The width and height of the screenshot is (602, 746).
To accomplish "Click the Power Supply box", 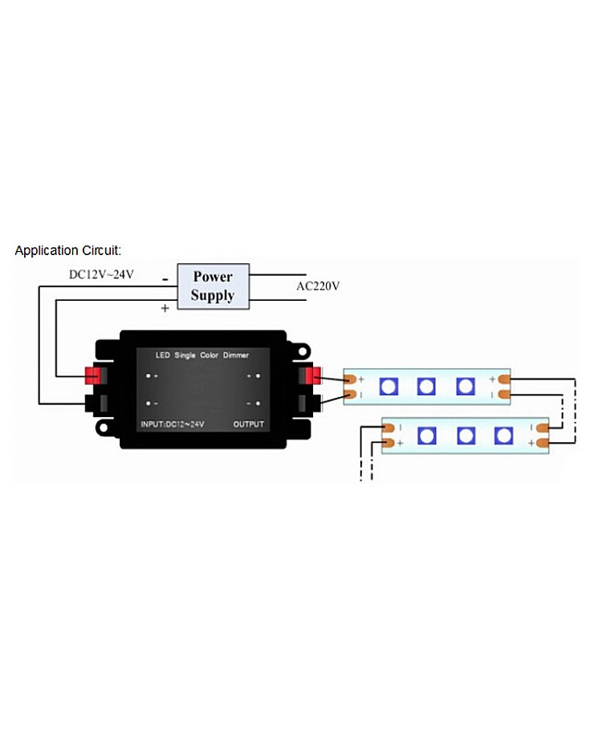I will coord(213,286).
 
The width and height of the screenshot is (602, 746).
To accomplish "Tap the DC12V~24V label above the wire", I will coord(101,274).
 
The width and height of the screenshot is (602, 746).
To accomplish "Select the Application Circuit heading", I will coord(67,251).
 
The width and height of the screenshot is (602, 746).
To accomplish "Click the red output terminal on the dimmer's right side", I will coord(310,375).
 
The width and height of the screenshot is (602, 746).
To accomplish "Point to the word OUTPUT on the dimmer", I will coord(248,423).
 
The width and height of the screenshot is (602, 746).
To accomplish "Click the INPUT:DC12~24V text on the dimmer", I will coord(173,423).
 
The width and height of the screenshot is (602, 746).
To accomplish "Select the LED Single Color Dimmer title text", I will coord(202,355).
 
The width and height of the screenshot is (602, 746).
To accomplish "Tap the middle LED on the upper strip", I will coord(425,387).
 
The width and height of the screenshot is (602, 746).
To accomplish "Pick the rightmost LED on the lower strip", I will coord(502,436).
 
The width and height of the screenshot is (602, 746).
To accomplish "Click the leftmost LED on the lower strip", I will coord(425,436).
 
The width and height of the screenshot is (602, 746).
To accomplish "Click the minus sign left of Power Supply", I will coord(165,279).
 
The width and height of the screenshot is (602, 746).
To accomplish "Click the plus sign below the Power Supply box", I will coord(165,307).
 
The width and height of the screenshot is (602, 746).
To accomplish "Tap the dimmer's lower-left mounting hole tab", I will coord(104,428).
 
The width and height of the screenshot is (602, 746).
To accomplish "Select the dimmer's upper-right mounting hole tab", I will coord(302,351).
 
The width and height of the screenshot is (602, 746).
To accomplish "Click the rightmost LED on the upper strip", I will coord(464,387).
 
